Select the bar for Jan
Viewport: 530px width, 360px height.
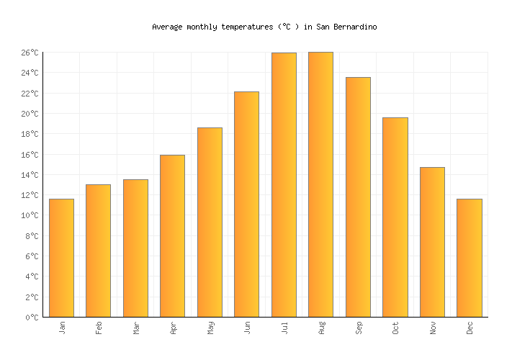tap(61, 258)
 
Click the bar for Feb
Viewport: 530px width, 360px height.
tap(98, 251)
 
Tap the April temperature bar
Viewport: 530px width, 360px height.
tap(172, 236)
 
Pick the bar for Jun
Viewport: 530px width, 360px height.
tap(246, 204)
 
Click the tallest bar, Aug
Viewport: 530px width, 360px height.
tap(320, 184)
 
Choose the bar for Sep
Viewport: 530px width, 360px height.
tap(358, 197)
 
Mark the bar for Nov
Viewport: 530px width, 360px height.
tap(432, 242)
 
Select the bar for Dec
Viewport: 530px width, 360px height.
tap(469, 258)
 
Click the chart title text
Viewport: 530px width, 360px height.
tap(264, 27)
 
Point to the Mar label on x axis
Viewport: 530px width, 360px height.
tap(136, 328)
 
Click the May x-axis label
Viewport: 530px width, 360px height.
tap(210, 328)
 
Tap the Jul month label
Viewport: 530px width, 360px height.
tap(284, 328)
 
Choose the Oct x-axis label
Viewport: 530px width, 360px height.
tap(395, 328)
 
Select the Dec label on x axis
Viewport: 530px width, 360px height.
tap(470, 328)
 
